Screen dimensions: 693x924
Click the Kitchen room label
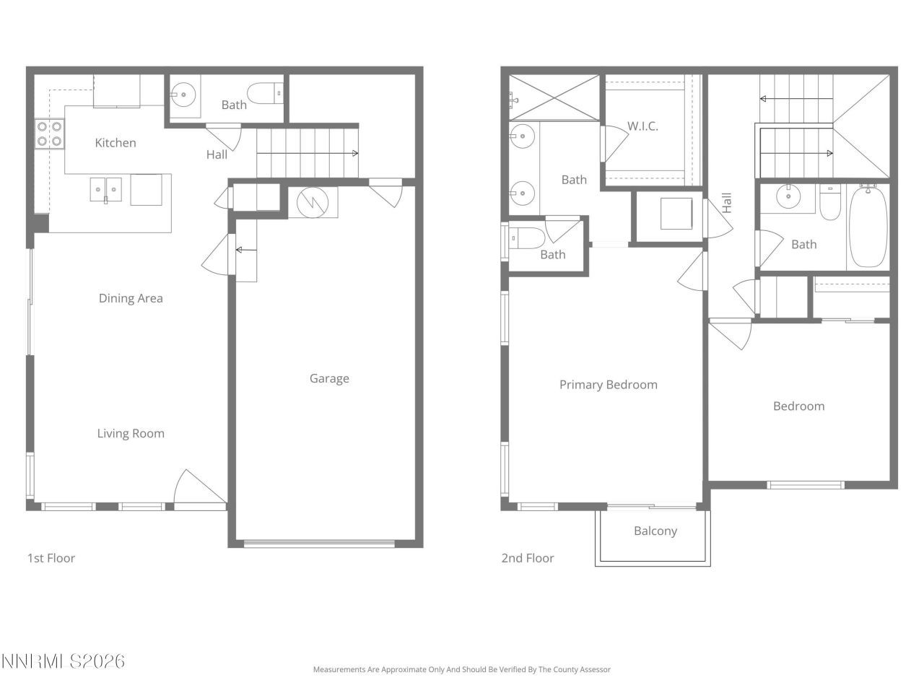coord(115,143)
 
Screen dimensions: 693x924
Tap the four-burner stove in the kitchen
coord(49,134)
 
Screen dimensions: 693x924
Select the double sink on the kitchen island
coord(106,190)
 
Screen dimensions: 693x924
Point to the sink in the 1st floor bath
coord(183,94)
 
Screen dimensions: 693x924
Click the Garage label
coord(329,378)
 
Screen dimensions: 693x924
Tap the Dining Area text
coord(131,298)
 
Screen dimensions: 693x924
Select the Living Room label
coord(131,433)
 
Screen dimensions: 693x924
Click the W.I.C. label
coord(642,126)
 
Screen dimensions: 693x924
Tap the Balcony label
coord(655,531)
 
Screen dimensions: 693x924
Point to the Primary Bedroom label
coord(609,385)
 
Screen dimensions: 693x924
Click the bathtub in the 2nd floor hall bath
coord(868,227)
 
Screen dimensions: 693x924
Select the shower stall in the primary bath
coord(554,97)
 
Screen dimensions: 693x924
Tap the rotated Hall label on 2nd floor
coord(727,202)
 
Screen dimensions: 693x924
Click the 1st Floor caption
coord(51,558)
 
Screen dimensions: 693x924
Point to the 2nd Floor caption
coord(528,558)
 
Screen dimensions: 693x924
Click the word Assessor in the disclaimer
coord(596,670)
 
